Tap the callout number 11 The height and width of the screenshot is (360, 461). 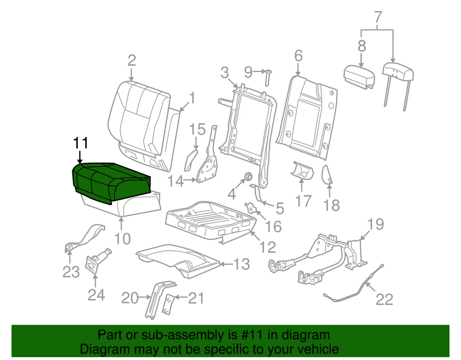point(81,143)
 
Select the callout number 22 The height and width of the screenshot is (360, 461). point(384,300)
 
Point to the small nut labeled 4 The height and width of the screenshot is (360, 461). point(247,176)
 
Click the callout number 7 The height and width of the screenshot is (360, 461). point(378,18)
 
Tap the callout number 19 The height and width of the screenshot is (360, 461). point(376,225)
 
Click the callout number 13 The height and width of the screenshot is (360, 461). point(242,265)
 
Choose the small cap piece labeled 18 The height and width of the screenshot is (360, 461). point(328,175)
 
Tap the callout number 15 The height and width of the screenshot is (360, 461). point(198,130)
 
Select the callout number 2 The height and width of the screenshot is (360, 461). point(132,60)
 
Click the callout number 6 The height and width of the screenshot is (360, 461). point(298,56)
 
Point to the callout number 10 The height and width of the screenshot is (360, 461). point(123,238)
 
